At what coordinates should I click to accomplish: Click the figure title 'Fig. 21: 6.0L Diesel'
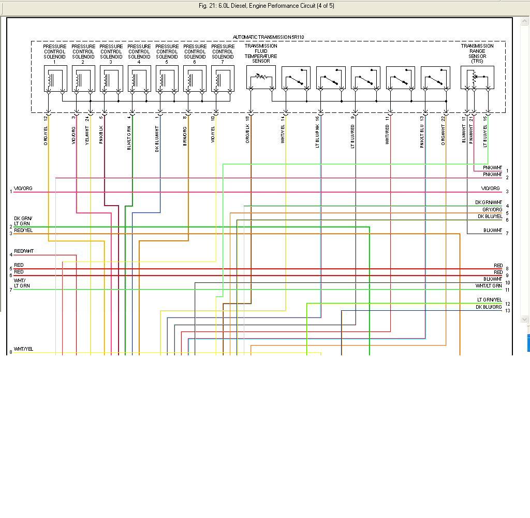[266, 6]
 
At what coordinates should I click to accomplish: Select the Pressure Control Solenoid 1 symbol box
[55, 79]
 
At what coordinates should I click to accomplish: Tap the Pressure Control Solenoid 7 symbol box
[223, 79]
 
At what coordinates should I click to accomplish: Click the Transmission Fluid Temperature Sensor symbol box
[261, 78]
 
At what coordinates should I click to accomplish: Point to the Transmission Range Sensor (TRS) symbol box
[477, 78]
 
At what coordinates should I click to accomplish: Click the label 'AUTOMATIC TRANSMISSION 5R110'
[268, 37]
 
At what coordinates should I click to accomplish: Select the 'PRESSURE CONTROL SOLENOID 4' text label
[139, 52]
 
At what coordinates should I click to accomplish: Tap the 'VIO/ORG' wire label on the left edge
[23, 189]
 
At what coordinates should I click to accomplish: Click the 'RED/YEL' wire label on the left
[23, 231]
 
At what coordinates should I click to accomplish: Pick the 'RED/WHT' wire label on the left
[24, 251]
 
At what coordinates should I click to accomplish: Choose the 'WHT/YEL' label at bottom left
[23, 349]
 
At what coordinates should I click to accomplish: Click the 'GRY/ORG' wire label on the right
[492, 210]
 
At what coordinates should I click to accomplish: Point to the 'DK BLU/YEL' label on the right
[490, 217]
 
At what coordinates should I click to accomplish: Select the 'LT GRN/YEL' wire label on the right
[489, 300]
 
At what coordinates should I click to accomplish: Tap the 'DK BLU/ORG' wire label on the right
[489, 307]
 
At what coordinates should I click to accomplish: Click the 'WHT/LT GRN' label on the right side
[489, 286]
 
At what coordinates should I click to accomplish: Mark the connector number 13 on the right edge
[508, 311]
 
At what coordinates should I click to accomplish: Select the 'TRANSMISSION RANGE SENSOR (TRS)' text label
[477, 53]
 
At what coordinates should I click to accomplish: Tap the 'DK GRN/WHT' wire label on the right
[489, 203]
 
